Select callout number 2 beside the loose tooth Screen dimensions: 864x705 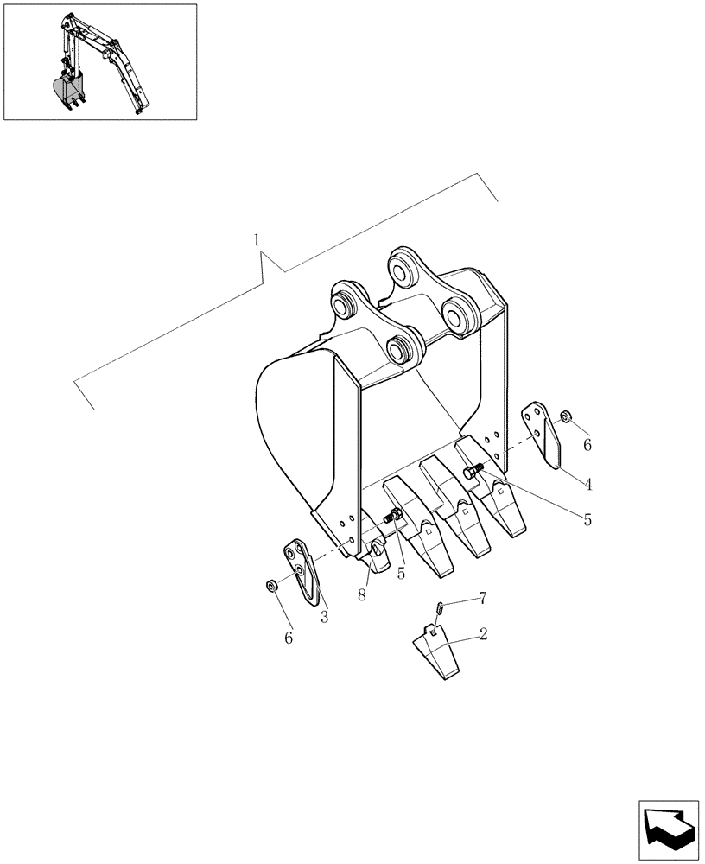pos(483,634)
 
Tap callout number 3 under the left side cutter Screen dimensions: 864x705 pos(325,617)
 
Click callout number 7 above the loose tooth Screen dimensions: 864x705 pos(482,597)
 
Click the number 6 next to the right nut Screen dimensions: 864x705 pos(587,445)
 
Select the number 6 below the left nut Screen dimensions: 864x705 pos(289,638)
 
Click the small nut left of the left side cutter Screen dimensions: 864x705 pos(270,587)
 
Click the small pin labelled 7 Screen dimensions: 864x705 pos(441,607)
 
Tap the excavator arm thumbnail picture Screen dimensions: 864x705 pos(99,62)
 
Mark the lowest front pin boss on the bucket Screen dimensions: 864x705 pos(400,349)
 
